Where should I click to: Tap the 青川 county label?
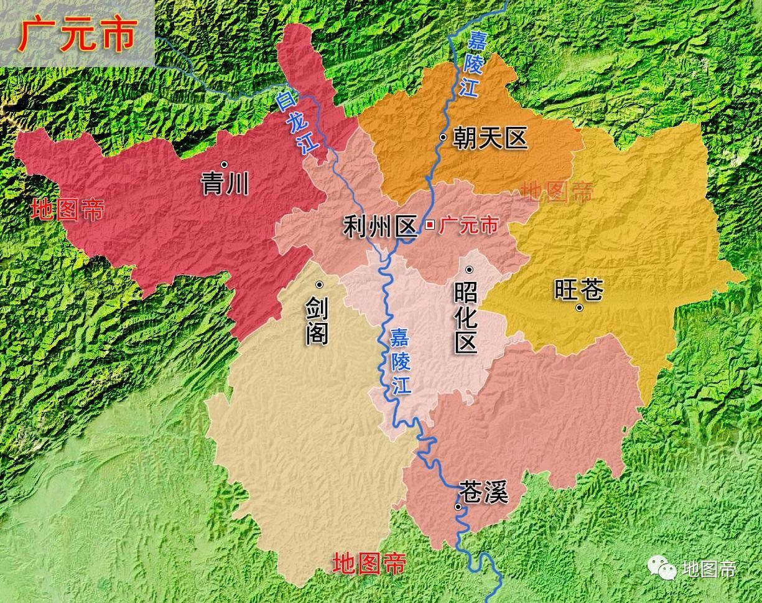(x=225, y=184)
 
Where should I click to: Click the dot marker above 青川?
(x=225, y=164)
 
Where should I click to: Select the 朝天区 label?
(x=490, y=138)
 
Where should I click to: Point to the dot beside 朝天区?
(x=443, y=138)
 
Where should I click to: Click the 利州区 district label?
(x=379, y=227)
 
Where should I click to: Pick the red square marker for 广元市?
(x=429, y=225)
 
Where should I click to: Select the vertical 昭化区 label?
(x=466, y=317)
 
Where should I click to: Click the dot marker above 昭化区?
(x=470, y=269)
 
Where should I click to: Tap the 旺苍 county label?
(x=579, y=289)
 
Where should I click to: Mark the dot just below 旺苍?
(x=579, y=307)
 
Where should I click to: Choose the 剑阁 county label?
(x=317, y=321)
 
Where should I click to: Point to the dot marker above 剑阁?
(x=319, y=284)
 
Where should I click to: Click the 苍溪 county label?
(x=483, y=492)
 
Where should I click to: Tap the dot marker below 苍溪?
(x=458, y=507)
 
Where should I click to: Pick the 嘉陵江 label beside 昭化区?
(x=401, y=361)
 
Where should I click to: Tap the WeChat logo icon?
(x=662, y=568)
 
